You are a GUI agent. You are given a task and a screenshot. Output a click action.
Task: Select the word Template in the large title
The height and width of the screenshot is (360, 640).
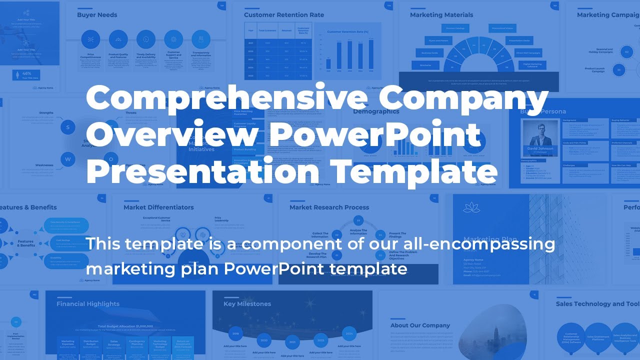click(415, 171)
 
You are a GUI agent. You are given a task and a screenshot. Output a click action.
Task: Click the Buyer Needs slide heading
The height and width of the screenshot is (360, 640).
click(97, 15)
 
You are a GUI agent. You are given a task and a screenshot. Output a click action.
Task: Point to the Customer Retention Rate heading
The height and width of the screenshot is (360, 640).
click(284, 15)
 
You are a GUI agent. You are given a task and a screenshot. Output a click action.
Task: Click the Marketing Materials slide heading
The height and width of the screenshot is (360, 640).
click(441, 15)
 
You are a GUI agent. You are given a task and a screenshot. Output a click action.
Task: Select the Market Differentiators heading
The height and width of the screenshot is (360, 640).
click(158, 207)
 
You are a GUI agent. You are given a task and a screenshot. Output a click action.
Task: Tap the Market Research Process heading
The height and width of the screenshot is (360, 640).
click(329, 207)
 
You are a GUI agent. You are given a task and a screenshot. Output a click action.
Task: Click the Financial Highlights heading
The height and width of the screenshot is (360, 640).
click(88, 304)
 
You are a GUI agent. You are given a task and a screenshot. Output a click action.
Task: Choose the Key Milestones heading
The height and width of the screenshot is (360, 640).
click(247, 304)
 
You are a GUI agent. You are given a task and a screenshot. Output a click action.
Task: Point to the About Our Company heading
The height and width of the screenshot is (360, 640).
click(420, 325)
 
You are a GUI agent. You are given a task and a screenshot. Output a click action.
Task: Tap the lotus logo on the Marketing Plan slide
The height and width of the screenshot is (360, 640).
click(471, 207)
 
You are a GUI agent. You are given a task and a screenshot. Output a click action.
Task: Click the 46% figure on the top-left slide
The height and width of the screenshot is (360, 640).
click(26, 73)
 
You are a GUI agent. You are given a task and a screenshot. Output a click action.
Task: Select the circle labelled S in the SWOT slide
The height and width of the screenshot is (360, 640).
click(67, 127)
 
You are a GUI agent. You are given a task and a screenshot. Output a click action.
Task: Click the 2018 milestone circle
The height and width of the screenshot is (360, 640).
click(236, 332)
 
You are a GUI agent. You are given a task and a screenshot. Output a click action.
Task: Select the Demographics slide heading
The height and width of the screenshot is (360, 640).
click(376, 111)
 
